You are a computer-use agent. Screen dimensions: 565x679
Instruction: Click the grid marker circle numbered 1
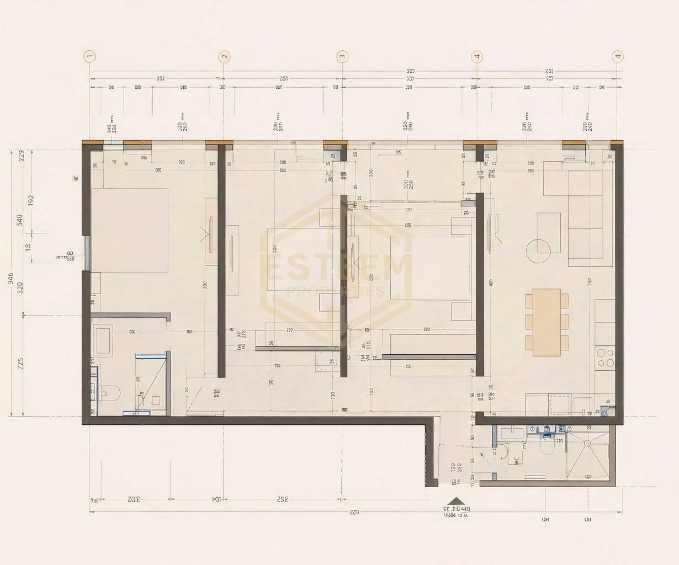(x=90, y=56)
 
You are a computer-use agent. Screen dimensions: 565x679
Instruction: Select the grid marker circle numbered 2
(x=224, y=56)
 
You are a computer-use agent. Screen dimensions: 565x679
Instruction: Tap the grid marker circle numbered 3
(x=342, y=56)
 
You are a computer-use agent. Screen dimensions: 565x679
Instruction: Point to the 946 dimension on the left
(x=10, y=278)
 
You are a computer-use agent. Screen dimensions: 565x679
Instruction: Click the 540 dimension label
(x=20, y=220)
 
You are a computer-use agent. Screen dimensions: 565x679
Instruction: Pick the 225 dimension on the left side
(x=20, y=364)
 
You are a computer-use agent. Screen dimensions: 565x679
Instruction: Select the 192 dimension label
(x=31, y=199)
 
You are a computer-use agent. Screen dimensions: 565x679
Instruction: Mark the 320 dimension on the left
(x=20, y=287)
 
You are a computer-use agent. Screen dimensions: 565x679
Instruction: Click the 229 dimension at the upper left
(x=22, y=155)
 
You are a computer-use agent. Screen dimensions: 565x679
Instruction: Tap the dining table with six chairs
(x=547, y=322)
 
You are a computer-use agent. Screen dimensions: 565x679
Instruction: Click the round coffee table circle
(x=539, y=250)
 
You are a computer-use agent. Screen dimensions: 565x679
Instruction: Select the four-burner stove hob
(x=606, y=356)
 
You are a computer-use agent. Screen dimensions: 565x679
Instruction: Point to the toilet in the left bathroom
(x=110, y=393)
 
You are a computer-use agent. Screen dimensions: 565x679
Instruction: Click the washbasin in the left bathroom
(x=103, y=340)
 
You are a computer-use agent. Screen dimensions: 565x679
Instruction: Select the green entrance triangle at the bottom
(x=456, y=501)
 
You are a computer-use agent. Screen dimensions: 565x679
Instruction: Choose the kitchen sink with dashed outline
(x=560, y=404)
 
